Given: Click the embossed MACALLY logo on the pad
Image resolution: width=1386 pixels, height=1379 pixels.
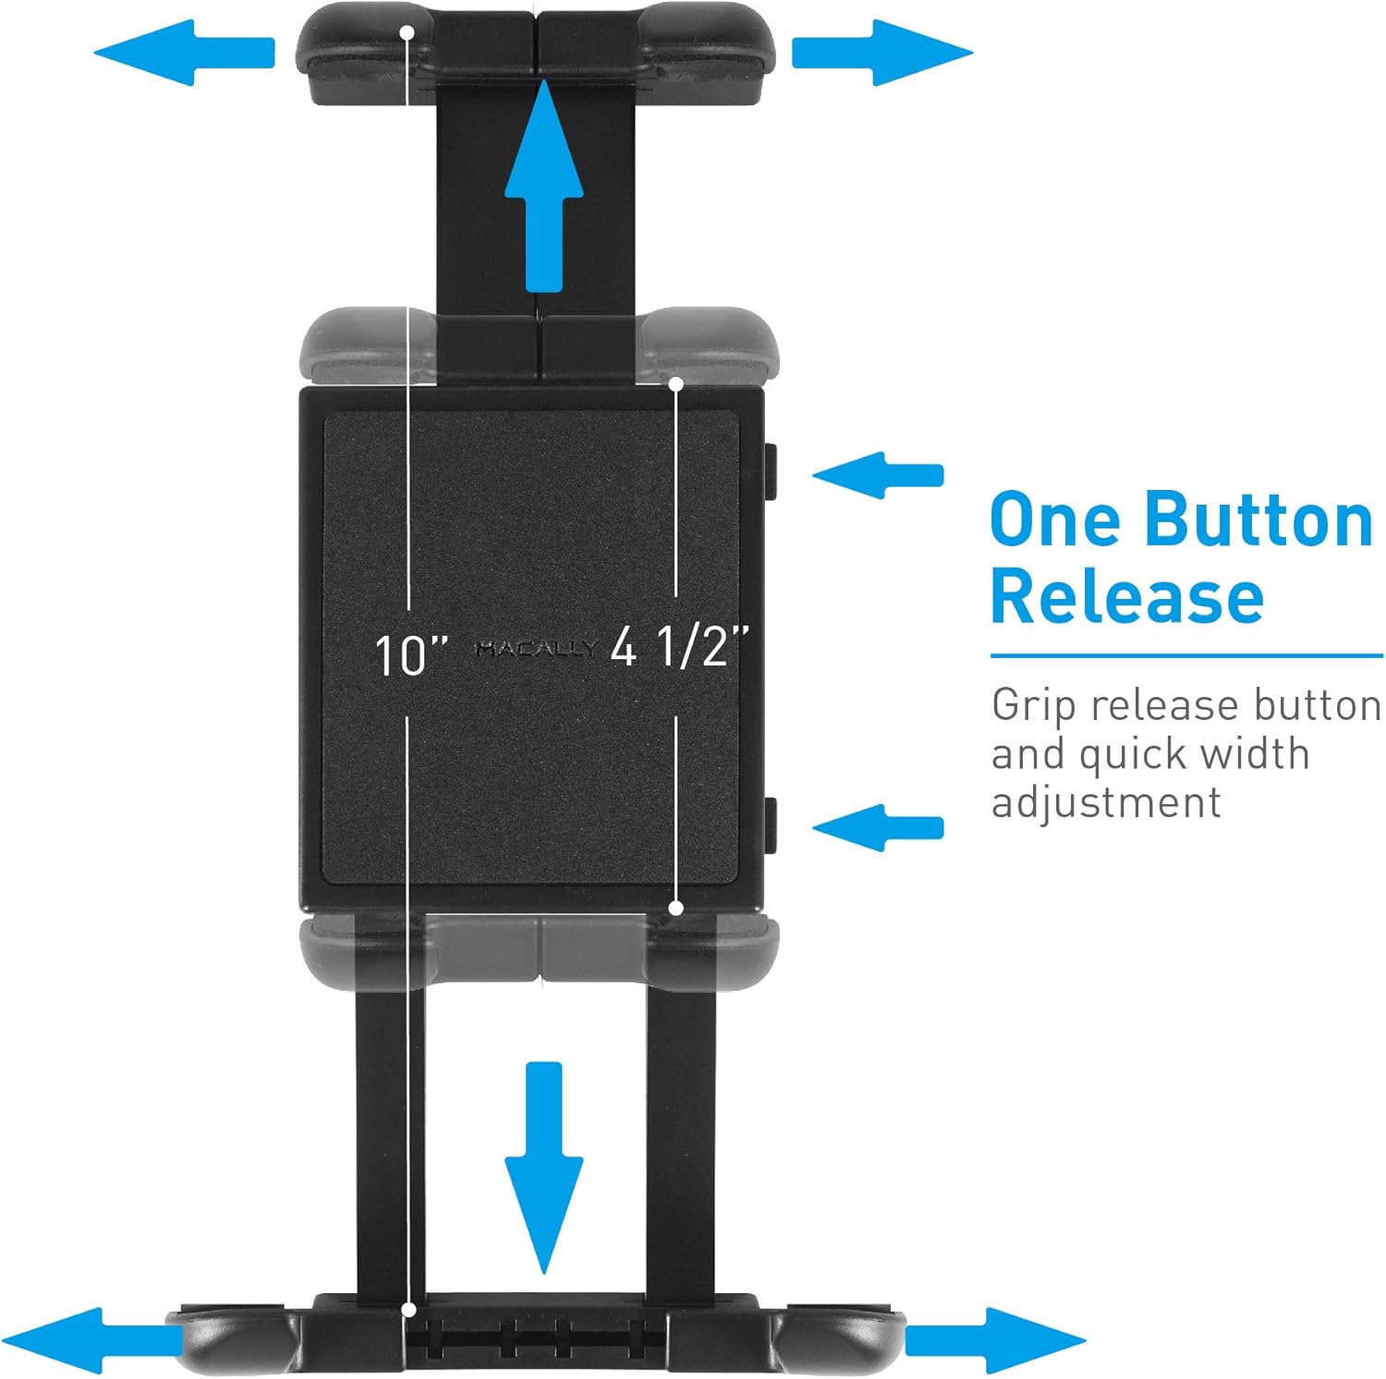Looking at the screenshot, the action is coord(535,649).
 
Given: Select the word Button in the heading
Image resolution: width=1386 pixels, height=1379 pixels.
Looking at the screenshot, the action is coord(1258,520).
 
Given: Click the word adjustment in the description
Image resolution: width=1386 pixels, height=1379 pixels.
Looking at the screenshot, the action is coord(1106,801).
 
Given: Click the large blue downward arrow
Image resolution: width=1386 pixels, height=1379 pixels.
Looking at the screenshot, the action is coord(544,1168).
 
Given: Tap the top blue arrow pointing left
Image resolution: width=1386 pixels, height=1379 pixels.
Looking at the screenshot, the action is coord(185,52).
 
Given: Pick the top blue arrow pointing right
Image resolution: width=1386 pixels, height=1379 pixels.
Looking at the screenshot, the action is coord(882,52).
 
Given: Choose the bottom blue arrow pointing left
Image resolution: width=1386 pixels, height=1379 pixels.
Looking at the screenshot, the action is coord(92,1340).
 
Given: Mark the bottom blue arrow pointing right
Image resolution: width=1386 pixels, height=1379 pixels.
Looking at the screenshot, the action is coord(996,1340).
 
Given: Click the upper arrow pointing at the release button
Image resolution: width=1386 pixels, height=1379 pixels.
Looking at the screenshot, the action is coord(878,475).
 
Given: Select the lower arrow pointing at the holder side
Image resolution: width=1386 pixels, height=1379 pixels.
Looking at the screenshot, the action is coord(878,827).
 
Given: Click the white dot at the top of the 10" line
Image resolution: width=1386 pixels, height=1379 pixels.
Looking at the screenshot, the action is coord(407,31).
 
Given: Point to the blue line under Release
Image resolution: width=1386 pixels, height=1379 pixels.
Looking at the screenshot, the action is coord(1186,656).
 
